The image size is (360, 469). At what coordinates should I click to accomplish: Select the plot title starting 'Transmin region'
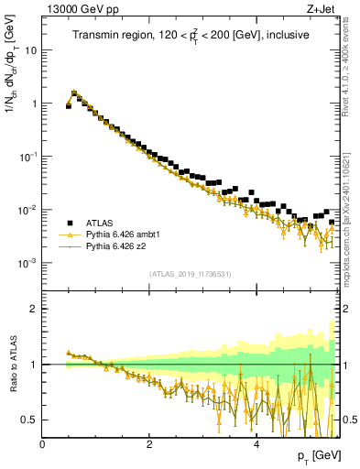pos(191,35)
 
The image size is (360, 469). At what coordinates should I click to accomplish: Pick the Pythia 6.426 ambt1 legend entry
pos(125,234)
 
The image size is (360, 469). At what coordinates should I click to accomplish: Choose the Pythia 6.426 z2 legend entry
pos(119,246)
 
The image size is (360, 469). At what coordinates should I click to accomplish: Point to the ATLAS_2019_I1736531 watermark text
pos(191,274)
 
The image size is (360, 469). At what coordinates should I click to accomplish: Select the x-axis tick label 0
pos(42,443)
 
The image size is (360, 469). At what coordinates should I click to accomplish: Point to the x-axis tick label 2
pos(149,443)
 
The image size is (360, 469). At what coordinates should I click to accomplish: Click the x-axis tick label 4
pos(256,443)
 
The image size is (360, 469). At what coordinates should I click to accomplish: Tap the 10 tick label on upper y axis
pos(29,50)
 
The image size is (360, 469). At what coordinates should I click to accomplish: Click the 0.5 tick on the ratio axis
pos(29,420)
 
